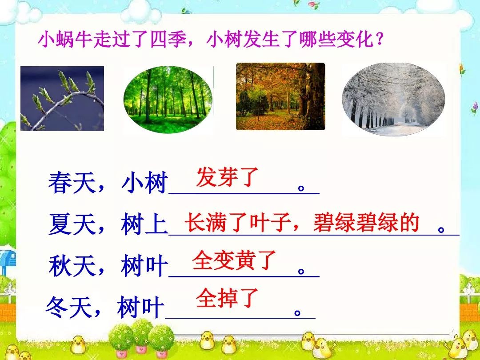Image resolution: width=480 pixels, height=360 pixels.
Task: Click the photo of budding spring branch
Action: click(x=62, y=99)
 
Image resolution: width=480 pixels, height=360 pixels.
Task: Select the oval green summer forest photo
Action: click(x=168, y=100)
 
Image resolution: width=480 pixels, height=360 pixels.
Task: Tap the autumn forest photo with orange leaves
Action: click(x=280, y=96)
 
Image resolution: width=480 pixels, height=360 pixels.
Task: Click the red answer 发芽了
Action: click(x=228, y=177)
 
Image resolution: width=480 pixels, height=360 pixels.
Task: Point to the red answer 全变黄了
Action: click(x=235, y=260)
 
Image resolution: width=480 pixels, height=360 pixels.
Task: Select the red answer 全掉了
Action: click(x=228, y=298)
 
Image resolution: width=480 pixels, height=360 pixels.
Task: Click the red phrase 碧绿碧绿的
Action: click(x=366, y=223)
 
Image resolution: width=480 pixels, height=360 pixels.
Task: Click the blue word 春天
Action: click(x=72, y=183)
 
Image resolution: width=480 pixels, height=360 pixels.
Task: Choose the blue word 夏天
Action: click(x=72, y=224)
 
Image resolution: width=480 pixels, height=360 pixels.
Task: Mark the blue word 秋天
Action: click(x=72, y=266)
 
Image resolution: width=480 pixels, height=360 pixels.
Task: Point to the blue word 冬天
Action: click(x=69, y=307)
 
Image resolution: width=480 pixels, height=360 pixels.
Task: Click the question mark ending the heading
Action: click(x=380, y=40)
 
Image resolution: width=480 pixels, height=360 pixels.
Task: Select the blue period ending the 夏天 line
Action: click(x=441, y=229)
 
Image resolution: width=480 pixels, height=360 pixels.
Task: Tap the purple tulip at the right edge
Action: click(x=475, y=108)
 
